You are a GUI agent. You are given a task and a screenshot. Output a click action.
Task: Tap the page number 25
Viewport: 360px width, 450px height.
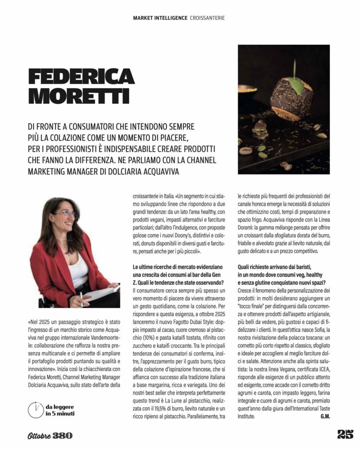click(345, 435)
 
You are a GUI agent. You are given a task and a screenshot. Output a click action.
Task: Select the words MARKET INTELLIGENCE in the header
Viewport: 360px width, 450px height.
click(160, 18)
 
